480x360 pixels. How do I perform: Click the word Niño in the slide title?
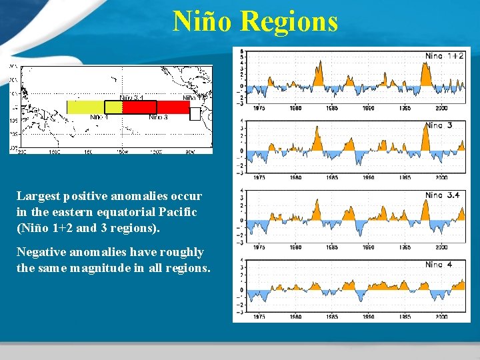click(x=203, y=21)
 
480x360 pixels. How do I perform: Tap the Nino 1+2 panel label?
click(x=445, y=56)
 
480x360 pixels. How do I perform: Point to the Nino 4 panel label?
click(x=439, y=265)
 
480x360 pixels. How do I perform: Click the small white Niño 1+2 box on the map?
click(x=195, y=114)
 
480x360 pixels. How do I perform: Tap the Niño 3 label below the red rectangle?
click(x=158, y=117)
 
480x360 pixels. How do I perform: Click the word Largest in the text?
click(x=37, y=197)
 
